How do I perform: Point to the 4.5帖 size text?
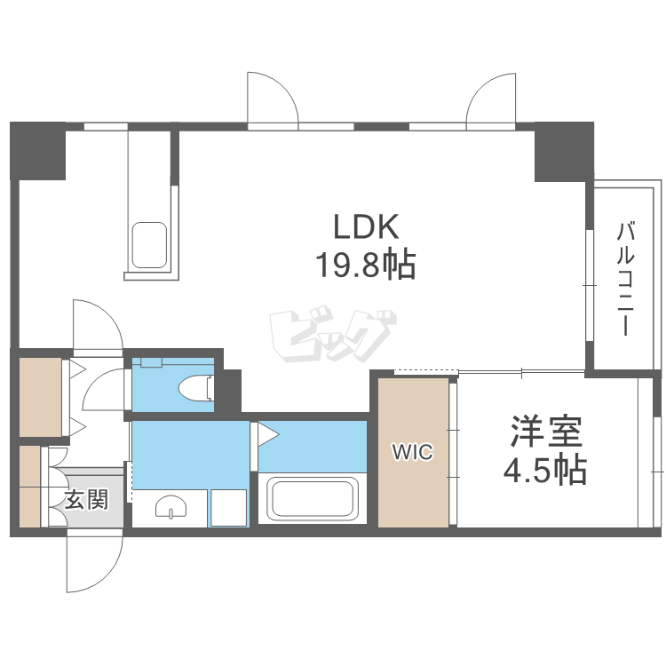(545, 470)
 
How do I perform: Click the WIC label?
(413, 453)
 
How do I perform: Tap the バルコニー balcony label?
(625, 278)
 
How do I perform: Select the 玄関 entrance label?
(86, 501)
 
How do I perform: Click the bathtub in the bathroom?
(313, 499)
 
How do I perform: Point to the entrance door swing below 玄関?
(94, 563)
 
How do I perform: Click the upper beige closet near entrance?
(40, 396)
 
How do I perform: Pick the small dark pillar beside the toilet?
(229, 391)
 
